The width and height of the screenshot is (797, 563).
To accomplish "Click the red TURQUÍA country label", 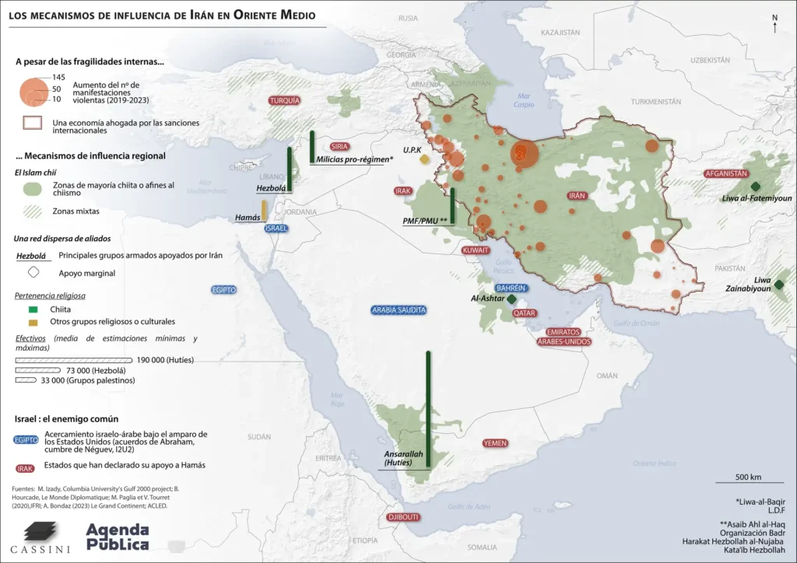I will (x=284, y=100).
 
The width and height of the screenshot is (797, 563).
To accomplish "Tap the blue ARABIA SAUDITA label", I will (x=398, y=309).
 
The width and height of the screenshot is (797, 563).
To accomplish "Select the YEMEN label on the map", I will (x=495, y=442).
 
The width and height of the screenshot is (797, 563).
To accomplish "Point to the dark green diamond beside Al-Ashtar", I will (x=511, y=299).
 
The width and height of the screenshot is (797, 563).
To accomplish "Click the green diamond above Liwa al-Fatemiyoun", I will (x=754, y=186).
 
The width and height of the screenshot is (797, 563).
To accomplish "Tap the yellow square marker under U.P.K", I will (x=423, y=159).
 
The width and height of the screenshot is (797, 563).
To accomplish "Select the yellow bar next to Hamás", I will (x=265, y=211).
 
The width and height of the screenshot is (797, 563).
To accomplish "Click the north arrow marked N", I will (x=774, y=23).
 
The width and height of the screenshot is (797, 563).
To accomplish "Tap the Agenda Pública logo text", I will (x=117, y=536).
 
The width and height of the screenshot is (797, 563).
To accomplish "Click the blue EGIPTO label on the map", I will (x=223, y=289).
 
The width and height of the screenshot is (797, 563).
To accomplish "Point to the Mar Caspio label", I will (x=524, y=100).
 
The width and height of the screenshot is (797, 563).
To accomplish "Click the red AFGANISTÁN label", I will (x=726, y=173).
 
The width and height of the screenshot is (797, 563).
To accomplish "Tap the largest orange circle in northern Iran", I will (x=524, y=154).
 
